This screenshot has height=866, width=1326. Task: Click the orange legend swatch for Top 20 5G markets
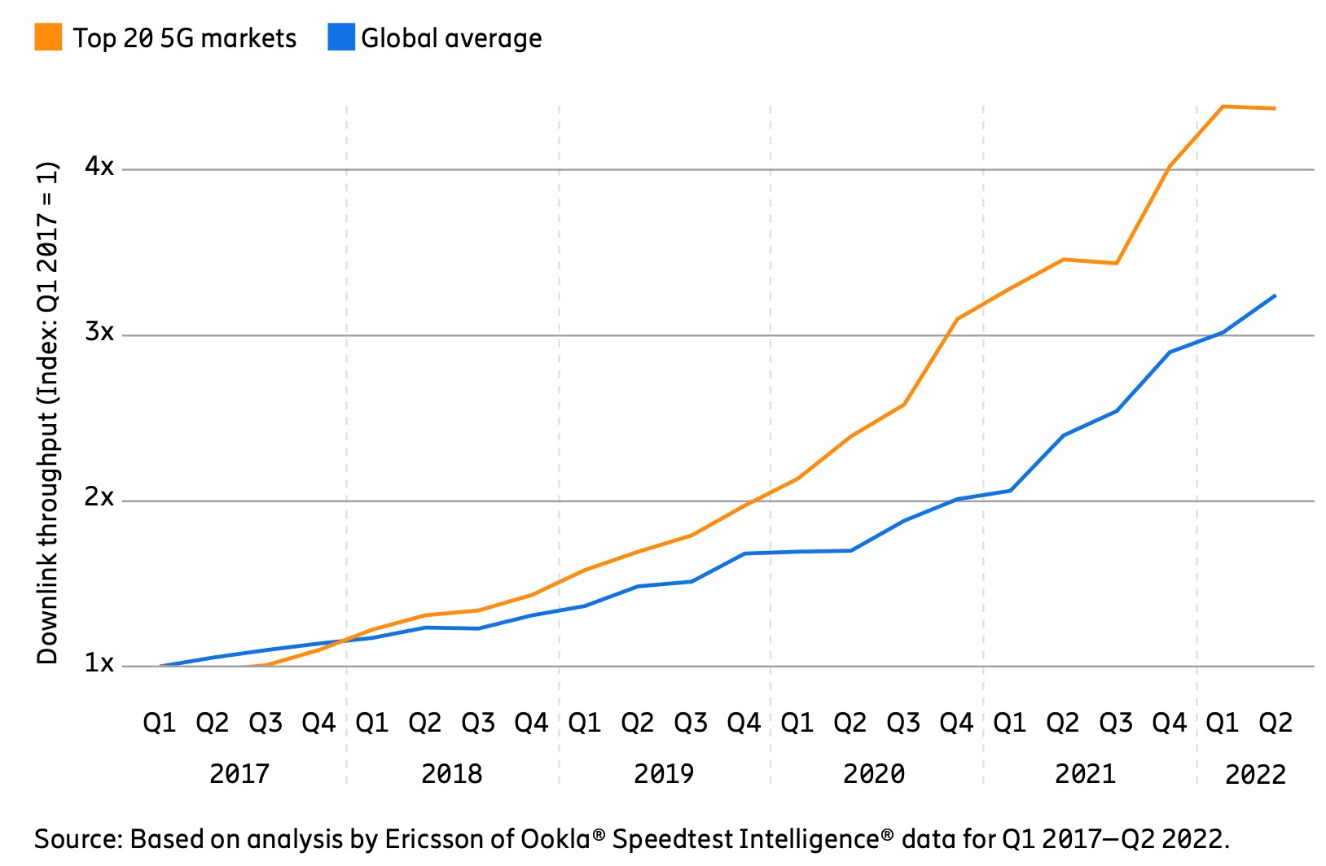click(x=48, y=37)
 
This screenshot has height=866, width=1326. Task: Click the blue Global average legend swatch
click(x=341, y=37)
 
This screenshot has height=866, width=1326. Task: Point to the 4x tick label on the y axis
click(x=99, y=167)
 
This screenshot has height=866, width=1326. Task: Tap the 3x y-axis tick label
click(x=99, y=332)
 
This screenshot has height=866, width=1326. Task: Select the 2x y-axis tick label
click(x=99, y=497)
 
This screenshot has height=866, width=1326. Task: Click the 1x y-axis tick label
click(x=99, y=663)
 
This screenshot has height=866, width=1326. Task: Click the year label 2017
click(x=239, y=773)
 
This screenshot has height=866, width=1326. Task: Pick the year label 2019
click(x=664, y=773)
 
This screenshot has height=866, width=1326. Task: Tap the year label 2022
click(x=1255, y=774)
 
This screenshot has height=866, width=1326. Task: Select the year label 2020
click(x=874, y=773)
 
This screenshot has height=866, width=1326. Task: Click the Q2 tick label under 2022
click(x=1276, y=723)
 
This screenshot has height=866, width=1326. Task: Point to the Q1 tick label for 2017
click(x=160, y=723)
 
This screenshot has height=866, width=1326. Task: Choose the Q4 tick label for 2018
click(x=531, y=723)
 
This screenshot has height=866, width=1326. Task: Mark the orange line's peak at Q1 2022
click(x=1223, y=107)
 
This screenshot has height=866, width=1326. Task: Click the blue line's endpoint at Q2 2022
click(x=1275, y=295)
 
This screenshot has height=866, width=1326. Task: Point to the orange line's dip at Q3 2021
click(x=1116, y=263)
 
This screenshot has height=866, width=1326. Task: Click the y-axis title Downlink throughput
click(x=47, y=413)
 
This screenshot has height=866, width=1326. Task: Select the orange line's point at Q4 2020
click(x=957, y=319)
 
